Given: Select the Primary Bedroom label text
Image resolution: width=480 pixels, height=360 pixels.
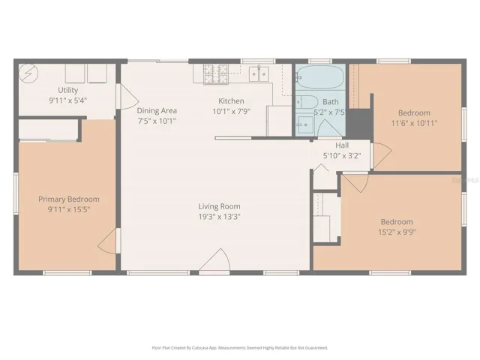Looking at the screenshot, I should (68, 199).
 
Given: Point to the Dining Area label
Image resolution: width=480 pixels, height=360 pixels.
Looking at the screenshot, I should (156, 110).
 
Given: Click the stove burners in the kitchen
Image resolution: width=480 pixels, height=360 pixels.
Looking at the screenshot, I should (214, 73).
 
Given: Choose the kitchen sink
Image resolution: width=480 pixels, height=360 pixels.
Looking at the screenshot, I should (259, 73).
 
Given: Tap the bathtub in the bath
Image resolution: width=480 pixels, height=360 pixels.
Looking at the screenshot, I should (319, 77).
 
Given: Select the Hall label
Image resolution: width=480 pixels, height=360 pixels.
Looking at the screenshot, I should (342, 145).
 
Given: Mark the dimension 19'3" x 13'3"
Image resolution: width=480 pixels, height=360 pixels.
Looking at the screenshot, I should (219, 216).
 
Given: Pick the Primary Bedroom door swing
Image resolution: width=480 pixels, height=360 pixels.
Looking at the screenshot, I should (109, 241).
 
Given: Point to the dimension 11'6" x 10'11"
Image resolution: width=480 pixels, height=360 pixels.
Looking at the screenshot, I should (414, 122).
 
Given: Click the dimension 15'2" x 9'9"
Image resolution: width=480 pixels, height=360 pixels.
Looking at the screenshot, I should (396, 232).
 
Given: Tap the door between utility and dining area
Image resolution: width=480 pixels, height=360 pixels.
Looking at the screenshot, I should (127, 97).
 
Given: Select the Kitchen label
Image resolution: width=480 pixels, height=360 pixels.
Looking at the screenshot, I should (231, 101).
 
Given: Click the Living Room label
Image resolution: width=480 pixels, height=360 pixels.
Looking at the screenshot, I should (219, 206).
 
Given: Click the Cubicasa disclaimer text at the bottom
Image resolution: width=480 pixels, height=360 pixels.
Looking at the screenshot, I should (240, 348).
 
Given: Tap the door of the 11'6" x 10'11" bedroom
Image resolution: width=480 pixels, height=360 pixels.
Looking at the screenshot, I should (382, 155).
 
